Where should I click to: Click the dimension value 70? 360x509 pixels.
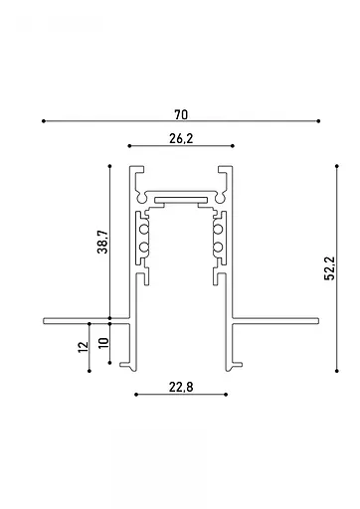[x=180, y=112]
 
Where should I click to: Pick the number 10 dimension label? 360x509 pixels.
[x=103, y=346]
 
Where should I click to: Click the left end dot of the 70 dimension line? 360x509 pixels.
[x=43, y=121]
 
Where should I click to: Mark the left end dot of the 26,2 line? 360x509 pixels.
[x=129, y=147]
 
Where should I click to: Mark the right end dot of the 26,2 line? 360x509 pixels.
[x=233, y=147]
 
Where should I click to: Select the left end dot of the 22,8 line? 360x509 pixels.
[x=135, y=394]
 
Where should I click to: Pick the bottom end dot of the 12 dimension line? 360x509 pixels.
[x=90, y=371]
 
